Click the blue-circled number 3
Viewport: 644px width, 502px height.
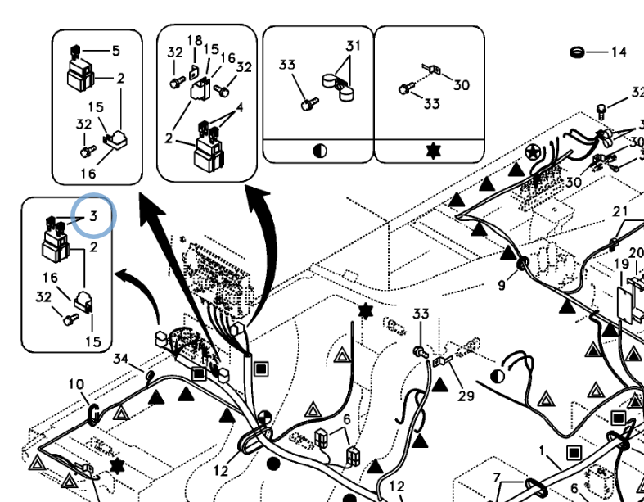tap(94, 217)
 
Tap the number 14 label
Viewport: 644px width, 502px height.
tap(618, 52)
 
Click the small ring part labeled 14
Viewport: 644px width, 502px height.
tap(576, 52)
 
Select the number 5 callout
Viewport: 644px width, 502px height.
tap(115, 51)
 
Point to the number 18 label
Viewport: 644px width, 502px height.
tap(195, 40)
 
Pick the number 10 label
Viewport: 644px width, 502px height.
tap(75, 383)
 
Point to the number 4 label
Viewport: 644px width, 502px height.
tap(240, 106)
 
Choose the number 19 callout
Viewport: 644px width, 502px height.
tap(622, 264)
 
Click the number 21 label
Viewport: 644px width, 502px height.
tap(620, 211)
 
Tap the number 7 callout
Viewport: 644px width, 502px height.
tap(496, 477)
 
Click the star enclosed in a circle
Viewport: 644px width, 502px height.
tap(534, 152)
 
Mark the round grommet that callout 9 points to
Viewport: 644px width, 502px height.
tap(521, 265)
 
